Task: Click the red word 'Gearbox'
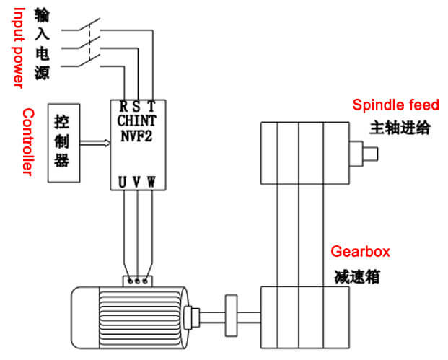(360, 252)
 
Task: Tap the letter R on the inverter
(123, 107)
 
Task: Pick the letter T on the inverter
(151, 107)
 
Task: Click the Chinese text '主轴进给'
(400, 128)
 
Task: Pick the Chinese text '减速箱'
(357, 276)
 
